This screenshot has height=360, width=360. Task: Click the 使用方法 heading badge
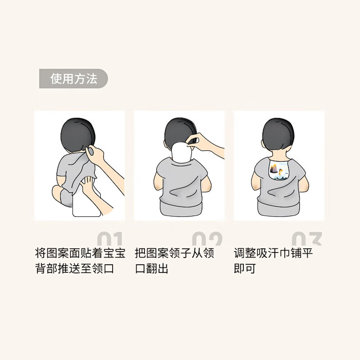pos(73,79)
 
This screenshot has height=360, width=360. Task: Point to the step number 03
pos(307,239)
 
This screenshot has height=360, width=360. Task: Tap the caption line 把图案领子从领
pos(175,253)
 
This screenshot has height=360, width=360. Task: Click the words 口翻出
pos(152,269)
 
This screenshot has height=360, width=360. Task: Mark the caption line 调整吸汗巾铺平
pos(274,253)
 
